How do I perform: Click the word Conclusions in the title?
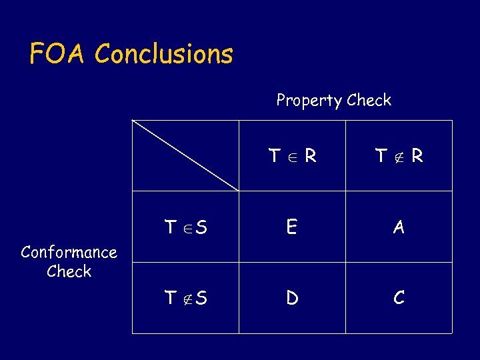coord(164,53)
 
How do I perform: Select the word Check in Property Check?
coord(369,100)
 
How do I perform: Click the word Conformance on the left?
coord(69,252)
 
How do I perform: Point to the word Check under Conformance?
coord(69,271)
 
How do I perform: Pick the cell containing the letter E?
coord(292,227)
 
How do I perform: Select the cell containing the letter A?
coord(399,227)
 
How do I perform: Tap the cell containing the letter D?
coord(292,298)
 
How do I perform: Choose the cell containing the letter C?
coord(399,298)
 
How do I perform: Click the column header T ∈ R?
coord(292,156)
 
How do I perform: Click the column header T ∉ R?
coord(399,156)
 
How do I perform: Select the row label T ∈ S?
coord(185,227)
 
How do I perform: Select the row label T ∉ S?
coord(185,298)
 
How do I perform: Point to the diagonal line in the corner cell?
coord(185,155)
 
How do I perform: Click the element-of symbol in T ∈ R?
coord(291,157)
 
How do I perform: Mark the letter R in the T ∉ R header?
coord(417,156)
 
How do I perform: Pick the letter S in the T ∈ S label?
coord(201,227)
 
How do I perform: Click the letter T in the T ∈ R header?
coord(274,156)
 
